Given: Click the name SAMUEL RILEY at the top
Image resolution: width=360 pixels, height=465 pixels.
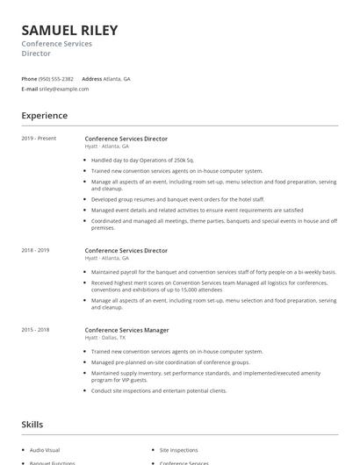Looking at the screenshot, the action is [69, 30].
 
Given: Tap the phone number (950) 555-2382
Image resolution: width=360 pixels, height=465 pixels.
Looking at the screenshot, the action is [57, 79].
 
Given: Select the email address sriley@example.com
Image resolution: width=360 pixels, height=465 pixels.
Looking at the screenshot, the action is [64, 89].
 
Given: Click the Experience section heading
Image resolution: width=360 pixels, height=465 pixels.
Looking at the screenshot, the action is [44, 116].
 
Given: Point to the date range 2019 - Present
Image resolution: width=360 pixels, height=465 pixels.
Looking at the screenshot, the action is [39, 139].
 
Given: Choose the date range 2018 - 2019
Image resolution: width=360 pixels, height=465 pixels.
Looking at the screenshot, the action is [35, 250].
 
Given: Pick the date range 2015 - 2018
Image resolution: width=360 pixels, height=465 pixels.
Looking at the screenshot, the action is [35, 330].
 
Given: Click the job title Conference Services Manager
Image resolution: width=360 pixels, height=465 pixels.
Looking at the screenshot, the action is [127, 330].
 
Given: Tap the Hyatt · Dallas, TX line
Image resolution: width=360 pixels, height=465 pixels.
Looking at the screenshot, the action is [105, 338].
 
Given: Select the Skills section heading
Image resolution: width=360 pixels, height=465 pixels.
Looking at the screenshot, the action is [32, 425].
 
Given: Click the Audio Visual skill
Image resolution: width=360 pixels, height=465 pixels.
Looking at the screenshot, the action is [45, 449].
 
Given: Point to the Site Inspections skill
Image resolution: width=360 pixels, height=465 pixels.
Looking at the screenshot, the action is [179, 449].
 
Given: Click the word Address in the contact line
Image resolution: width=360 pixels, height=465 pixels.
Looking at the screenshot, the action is [91, 79].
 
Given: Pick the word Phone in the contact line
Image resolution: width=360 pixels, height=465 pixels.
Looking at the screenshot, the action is [29, 79].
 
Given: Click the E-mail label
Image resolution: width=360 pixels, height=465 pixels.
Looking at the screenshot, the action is [30, 89].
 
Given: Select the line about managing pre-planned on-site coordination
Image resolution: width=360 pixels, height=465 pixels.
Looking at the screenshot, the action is [170, 361].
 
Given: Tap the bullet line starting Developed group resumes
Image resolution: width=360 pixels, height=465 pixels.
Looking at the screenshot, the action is [165, 200].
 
